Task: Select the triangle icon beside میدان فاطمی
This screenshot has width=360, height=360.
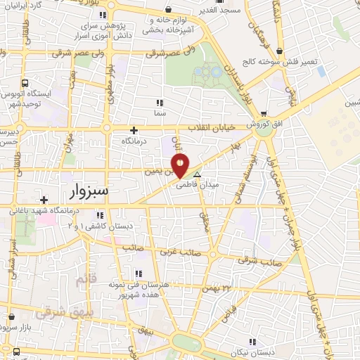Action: pyautogui.click(x=198, y=174)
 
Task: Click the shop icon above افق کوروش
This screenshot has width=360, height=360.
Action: pyautogui.click(x=264, y=113)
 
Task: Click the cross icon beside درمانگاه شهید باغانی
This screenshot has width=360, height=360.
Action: pyautogui.click(x=44, y=200)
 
